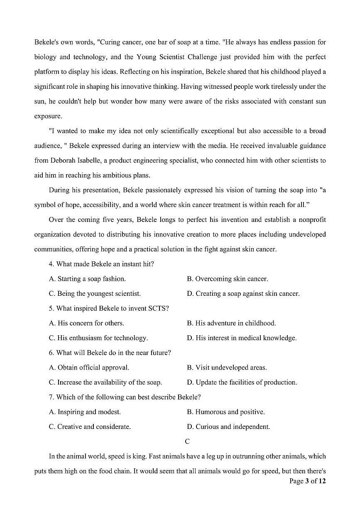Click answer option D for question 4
(x=243, y=294)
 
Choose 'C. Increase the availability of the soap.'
(x=105, y=382)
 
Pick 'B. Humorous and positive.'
(x=225, y=412)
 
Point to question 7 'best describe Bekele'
(x=125, y=397)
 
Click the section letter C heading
(x=187, y=441)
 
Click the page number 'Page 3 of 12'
(x=307, y=481)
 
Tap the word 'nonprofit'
(x=311, y=220)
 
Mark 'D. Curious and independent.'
(x=228, y=427)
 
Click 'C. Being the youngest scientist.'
(x=95, y=294)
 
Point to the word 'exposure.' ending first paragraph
(x=48, y=116)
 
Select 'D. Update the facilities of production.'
(x=242, y=382)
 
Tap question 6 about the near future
(x=110, y=353)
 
